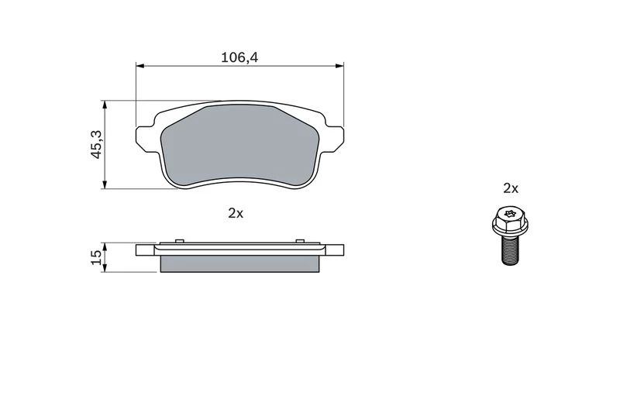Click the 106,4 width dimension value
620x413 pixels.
tap(239, 57)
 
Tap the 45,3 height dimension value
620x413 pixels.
tap(97, 144)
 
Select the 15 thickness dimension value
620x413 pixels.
tap(96, 258)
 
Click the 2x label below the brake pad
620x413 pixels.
tap(236, 213)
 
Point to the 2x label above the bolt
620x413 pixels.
tap(511, 188)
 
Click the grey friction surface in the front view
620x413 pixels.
tap(239, 146)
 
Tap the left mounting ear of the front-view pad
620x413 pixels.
tap(146, 139)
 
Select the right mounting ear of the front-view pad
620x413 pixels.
tap(333, 139)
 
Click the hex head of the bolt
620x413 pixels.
tap(510, 221)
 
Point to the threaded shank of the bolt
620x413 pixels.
tap(510, 250)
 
